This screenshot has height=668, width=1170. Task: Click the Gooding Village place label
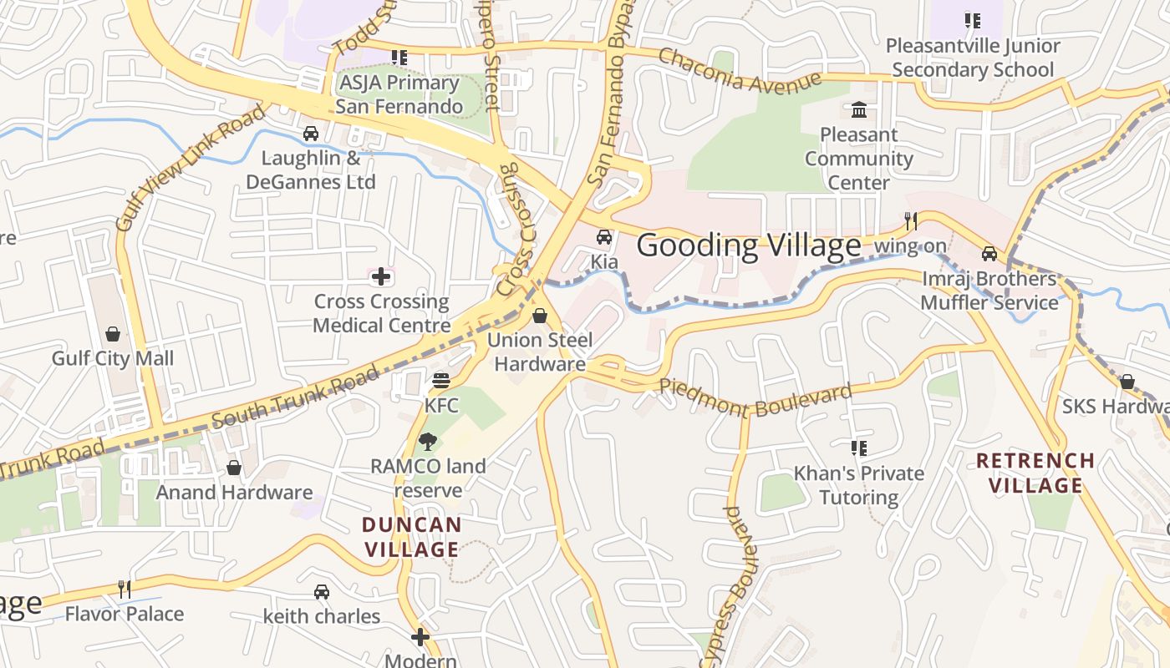click(x=749, y=245)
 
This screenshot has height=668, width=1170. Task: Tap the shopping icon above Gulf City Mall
click(x=113, y=334)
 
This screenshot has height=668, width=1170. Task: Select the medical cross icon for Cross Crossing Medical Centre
click(x=381, y=276)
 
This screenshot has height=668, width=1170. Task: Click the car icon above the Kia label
click(x=604, y=237)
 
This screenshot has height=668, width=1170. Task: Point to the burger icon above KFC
click(x=441, y=381)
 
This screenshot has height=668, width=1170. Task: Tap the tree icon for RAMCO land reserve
click(x=428, y=442)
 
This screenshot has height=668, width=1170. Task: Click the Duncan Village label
click(x=411, y=537)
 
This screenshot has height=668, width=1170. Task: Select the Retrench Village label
click(x=1035, y=473)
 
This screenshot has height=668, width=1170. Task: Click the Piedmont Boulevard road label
click(x=756, y=398)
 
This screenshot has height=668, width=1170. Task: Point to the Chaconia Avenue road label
click(x=739, y=70)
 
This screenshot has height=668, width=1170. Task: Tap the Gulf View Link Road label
click(x=191, y=167)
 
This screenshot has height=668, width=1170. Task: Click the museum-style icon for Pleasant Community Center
click(x=858, y=110)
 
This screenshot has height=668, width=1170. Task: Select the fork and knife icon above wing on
click(x=911, y=221)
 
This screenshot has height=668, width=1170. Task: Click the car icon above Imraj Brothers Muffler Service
click(x=989, y=253)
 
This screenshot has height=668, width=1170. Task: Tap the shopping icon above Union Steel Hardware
click(x=540, y=316)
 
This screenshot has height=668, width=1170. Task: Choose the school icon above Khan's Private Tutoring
click(x=858, y=448)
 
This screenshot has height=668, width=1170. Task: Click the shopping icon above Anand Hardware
click(x=234, y=468)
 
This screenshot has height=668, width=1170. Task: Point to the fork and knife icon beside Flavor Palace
click(x=125, y=590)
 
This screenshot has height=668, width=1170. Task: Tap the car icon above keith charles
click(x=321, y=592)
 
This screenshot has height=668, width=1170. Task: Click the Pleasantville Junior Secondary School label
click(x=973, y=58)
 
